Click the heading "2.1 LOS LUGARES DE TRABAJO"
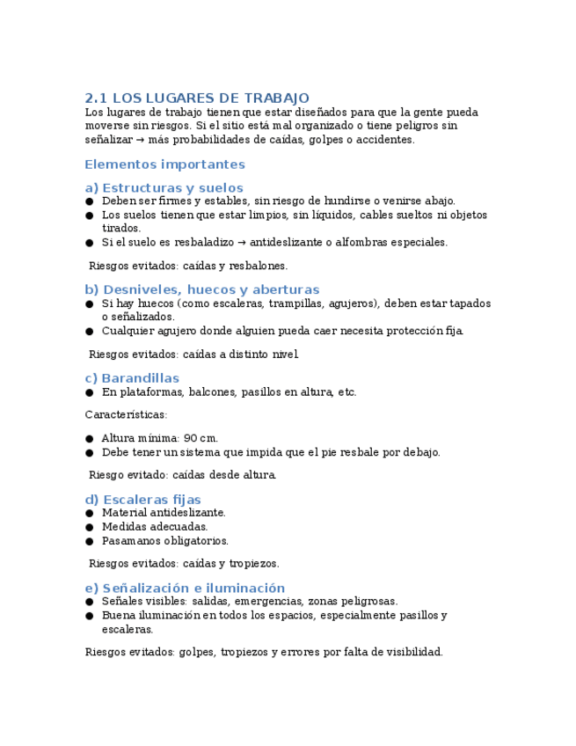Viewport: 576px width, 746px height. (x=197, y=98)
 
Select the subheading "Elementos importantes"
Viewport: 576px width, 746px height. (x=164, y=165)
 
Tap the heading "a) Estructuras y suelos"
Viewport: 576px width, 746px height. (x=164, y=187)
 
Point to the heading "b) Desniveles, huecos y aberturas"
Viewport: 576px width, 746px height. (x=201, y=289)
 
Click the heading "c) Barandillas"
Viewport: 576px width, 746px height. (x=132, y=378)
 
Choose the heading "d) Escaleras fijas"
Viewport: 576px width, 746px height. (x=142, y=500)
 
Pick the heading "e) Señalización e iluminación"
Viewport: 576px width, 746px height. (x=185, y=588)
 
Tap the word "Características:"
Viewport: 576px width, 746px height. (x=126, y=414)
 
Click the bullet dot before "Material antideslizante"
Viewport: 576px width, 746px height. (x=90, y=513)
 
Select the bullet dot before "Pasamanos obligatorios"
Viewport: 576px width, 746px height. (x=90, y=541)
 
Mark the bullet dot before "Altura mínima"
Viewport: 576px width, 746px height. (x=90, y=439)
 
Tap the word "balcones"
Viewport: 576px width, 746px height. (x=211, y=392)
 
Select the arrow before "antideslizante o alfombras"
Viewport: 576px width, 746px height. (x=243, y=242)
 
